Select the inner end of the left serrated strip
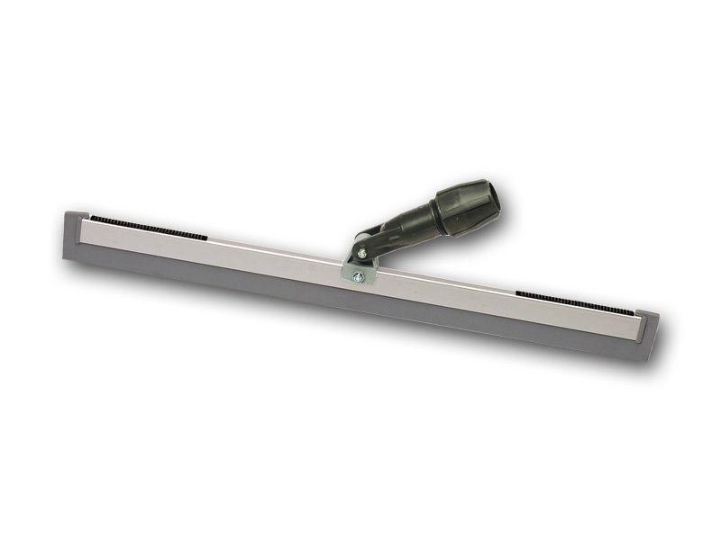[207, 238]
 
